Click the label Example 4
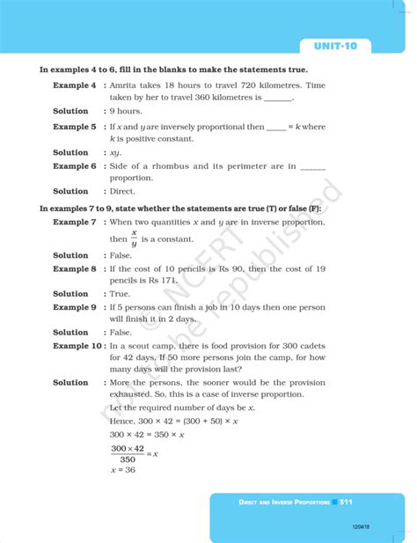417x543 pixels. (x=74, y=85)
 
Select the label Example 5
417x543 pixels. (x=74, y=127)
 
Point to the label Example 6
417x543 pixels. (x=74, y=166)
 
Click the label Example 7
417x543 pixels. (x=74, y=223)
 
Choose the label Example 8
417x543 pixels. (x=74, y=268)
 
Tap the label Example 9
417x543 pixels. (x=74, y=307)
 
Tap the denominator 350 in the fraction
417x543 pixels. (x=128, y=459)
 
